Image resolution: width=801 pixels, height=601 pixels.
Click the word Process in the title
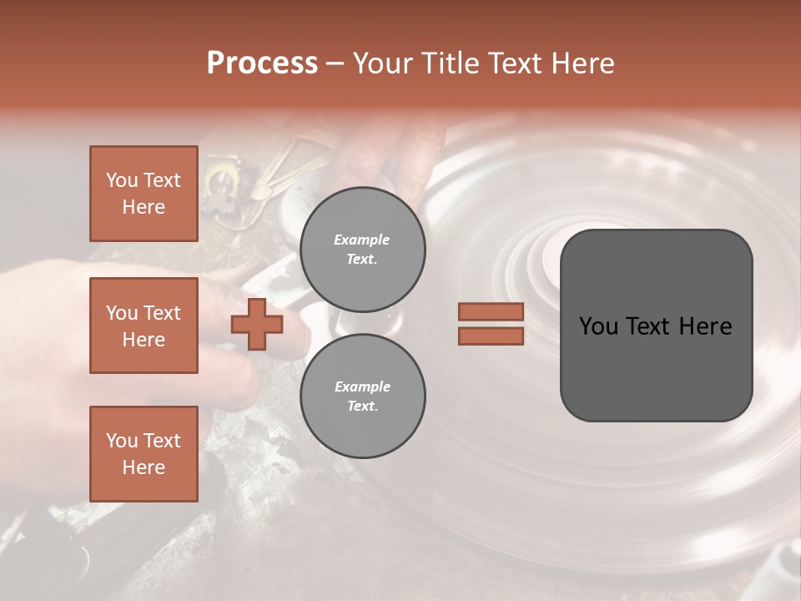[262, 63]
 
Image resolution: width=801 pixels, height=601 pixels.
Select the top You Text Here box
[144, 194]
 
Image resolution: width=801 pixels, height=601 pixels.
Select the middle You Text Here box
[144, 326]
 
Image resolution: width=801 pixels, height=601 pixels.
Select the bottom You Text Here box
[144, 454]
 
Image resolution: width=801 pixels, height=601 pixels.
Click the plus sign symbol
[257, 325]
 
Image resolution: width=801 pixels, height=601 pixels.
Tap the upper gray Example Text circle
[362, 250]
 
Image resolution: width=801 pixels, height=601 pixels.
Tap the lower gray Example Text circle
[362, 396]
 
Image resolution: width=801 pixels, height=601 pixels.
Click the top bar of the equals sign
[491, 311]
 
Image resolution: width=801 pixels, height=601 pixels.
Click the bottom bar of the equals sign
[491, 336]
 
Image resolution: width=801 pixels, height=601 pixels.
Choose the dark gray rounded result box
[656, 326]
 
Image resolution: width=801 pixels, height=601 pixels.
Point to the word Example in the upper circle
[362, 240]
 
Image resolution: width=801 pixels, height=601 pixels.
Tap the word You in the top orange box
[122, 180]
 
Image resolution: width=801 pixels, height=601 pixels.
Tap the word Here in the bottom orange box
[144, 467]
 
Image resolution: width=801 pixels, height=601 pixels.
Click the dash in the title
[335, 63]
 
